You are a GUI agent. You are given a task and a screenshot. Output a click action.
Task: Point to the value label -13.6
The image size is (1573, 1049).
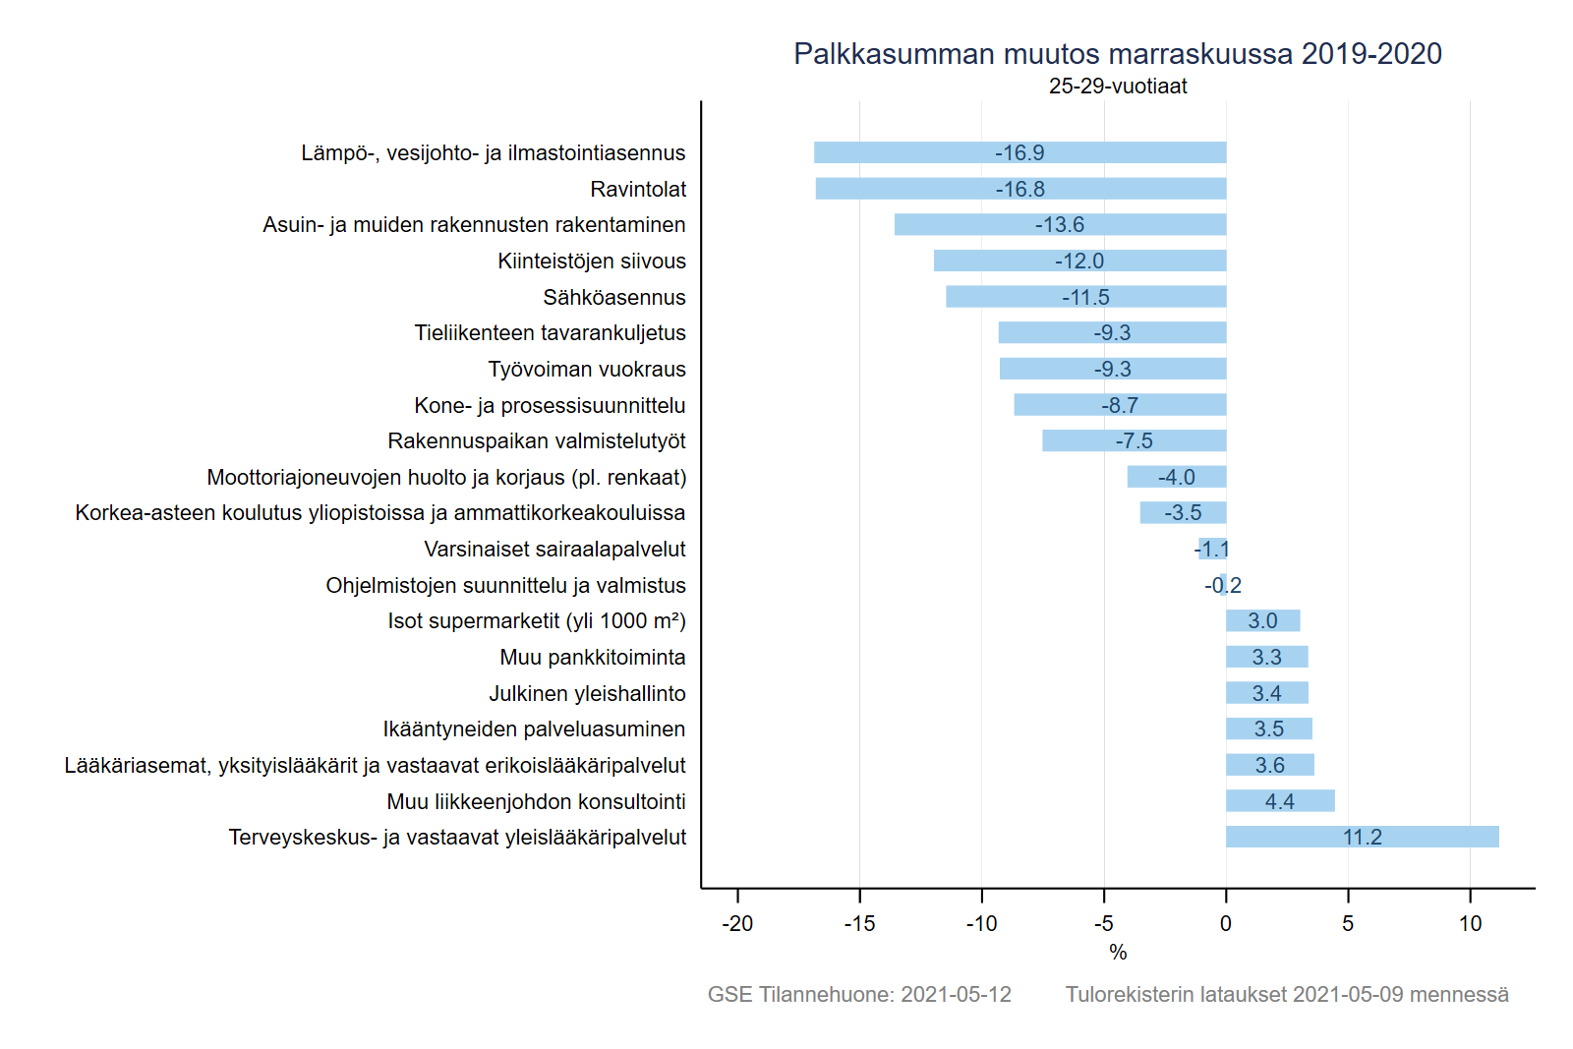1059,225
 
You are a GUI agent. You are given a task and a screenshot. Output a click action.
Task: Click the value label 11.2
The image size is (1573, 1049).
1362,838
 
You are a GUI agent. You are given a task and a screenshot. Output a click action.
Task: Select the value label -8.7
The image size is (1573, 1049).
1120,405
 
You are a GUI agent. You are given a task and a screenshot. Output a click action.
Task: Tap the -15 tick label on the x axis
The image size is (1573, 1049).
859,924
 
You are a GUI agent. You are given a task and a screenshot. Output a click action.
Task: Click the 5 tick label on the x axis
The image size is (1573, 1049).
1348,924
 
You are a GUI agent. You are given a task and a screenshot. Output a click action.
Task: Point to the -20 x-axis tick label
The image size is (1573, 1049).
737,924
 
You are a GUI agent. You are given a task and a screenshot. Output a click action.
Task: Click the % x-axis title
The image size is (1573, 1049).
1118,952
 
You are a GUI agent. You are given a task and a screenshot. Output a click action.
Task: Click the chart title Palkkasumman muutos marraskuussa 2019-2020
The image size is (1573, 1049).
1118,53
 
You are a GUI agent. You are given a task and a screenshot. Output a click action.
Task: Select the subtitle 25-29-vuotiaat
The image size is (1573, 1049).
1118,87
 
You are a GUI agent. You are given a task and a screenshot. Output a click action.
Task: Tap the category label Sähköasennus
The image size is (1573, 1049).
614,297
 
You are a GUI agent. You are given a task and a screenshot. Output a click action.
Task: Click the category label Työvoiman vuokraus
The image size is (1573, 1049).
587,369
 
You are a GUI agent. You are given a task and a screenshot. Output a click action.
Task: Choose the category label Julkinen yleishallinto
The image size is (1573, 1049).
587,693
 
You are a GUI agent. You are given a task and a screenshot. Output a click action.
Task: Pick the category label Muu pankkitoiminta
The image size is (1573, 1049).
593,657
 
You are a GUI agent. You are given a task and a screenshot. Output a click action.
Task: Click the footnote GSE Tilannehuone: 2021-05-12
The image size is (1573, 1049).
859,994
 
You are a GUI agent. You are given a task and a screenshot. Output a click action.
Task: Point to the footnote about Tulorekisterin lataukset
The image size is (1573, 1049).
1287,994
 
